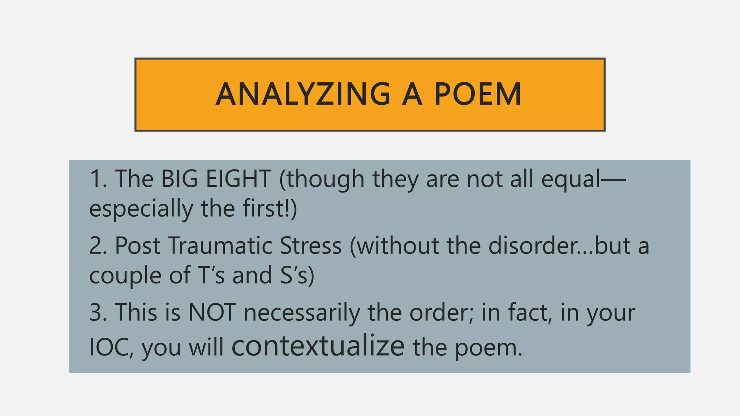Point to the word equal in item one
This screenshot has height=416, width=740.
(x=571, y=179)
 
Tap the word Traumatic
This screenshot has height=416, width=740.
(x=220, y=246)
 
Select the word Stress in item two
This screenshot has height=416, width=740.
(x=311, y=246)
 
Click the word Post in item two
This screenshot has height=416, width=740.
(x=137, y=246)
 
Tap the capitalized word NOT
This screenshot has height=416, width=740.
(x=212, y=312)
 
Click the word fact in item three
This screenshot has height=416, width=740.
(x=530, y=312)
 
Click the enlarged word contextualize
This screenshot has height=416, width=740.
(x=318, y=346)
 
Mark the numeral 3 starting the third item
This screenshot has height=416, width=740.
(x=96, y=312)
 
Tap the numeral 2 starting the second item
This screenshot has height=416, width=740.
(x=96, y=246)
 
